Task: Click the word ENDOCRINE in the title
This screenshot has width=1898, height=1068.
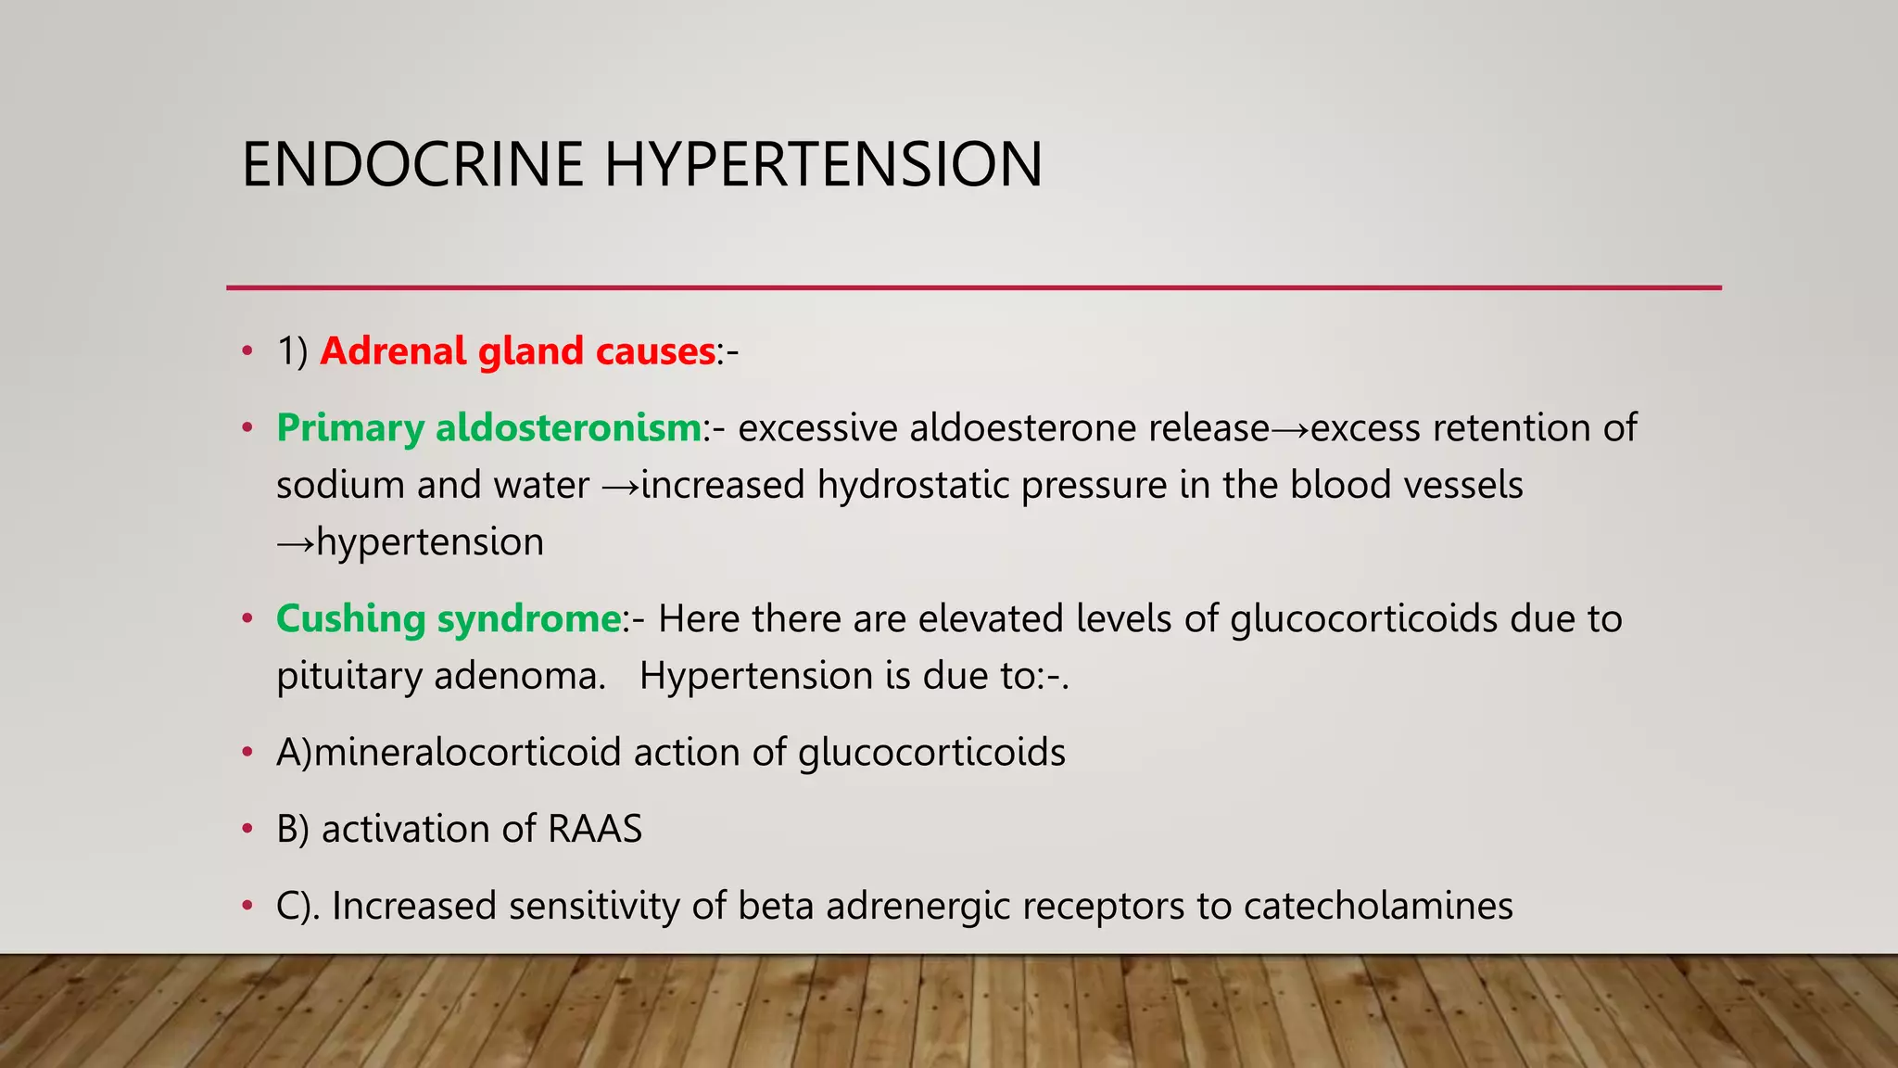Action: coord(412,165)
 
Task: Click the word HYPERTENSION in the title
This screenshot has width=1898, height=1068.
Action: coord(824,165)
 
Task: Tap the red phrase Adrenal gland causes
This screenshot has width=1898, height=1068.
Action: coord(517,351)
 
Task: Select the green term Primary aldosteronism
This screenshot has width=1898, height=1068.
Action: coord(488,428)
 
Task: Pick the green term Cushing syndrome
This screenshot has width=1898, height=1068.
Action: coord(449,619)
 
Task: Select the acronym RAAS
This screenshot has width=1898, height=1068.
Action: coord(595,829)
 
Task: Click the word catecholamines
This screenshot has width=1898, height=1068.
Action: coord(1378,906)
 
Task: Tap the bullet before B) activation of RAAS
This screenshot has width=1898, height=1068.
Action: coord(247,829)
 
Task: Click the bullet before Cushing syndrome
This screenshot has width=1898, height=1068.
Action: coord(247,619)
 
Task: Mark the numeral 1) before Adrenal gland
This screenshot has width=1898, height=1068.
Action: coord(293,351)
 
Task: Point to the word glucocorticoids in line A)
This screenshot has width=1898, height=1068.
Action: coord(931,753)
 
